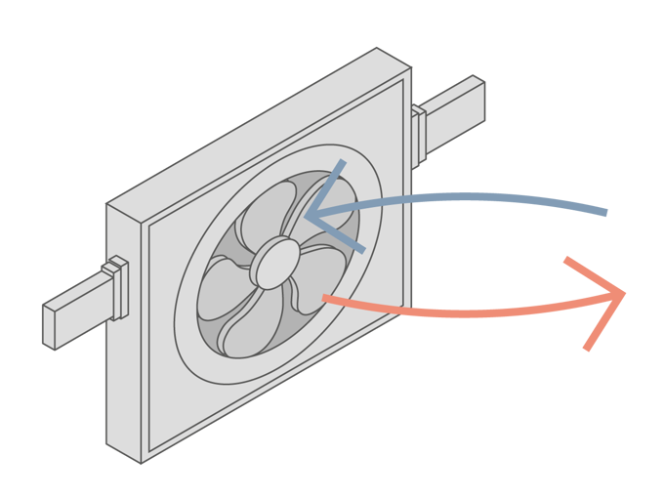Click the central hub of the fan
275,263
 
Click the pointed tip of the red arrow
625,292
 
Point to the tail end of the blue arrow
607,212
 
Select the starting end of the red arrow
325,298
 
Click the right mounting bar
454,107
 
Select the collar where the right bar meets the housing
419,133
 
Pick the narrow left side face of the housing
123,332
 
